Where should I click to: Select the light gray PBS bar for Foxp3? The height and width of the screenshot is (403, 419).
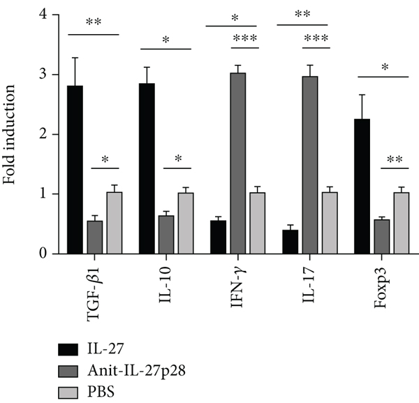coord(400,224)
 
